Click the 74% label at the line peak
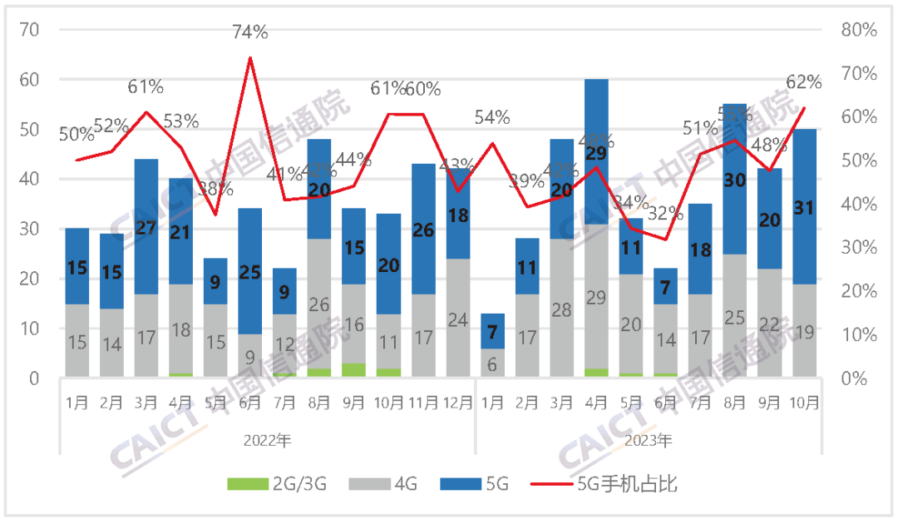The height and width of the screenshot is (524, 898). click(x=249, y=32)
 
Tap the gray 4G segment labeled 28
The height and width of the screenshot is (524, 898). click(x=561, y=309)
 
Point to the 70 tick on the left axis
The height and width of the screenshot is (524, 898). click(x=30, y=30)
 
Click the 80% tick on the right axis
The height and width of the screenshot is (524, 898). click(x=858, y=30)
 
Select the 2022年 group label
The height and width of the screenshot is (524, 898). click(x=267, y=440)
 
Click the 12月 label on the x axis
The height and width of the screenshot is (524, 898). click(x=457, y=403)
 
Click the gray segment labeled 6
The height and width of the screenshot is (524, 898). click(x=491, y=363)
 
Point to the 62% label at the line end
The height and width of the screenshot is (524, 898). click(x=803, y=82)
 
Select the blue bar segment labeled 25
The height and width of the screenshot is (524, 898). click(x=250, y=270)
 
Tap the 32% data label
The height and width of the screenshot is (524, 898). click(x=664, y=213)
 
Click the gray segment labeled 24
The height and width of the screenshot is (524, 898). click(x=457, y=319)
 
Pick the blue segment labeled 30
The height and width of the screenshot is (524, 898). click(x=734, y=179)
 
